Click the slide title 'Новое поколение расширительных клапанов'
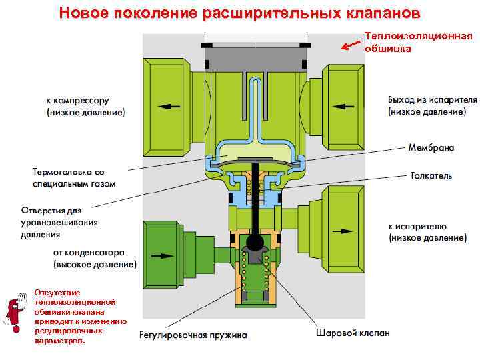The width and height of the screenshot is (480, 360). [x=239, y=13]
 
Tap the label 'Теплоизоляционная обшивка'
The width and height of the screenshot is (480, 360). [x=419, y=42]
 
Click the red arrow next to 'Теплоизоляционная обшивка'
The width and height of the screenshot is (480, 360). [x=350, y=45]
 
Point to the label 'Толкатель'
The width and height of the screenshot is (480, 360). [x=430, y=175]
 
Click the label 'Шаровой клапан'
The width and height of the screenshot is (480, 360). [x=353, y=332]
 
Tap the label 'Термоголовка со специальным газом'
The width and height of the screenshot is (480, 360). [x=75, y=177]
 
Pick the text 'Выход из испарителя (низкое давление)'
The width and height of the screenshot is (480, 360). [x=432, y=105]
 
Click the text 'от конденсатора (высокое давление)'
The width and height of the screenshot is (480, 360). [x=95, y=259]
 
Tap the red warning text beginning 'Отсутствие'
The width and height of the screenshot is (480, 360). [x=79, y=316]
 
